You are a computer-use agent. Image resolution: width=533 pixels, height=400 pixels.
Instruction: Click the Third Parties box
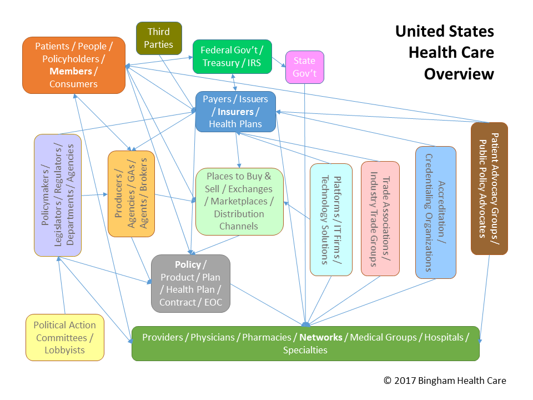point(159,38)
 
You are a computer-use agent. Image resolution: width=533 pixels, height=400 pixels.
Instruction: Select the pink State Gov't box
point(304,67)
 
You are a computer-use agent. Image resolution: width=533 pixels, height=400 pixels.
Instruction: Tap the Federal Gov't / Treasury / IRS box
point(232,56)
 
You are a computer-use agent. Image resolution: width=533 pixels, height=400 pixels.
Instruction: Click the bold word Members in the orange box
point(71,71)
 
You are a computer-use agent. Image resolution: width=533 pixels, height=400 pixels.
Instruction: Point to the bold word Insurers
point(235,112)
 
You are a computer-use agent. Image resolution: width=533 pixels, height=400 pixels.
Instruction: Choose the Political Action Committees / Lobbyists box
point(65,337)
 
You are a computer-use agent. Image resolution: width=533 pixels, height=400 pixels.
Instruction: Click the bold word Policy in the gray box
point(187,264)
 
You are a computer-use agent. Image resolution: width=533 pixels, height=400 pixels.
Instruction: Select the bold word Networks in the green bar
point(321,337)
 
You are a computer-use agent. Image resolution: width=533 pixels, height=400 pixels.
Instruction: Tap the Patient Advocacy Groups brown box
point(489,188)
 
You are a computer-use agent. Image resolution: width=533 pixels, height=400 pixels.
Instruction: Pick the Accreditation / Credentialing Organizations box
point(436,212)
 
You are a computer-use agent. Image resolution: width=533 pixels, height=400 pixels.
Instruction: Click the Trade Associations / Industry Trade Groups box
point(380,218)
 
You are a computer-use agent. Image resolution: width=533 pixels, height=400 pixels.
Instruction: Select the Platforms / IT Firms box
point(331,219)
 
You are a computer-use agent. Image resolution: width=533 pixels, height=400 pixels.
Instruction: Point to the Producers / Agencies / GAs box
point(131,193)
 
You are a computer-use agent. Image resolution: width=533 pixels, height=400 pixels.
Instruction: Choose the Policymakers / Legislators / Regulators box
point(58,195)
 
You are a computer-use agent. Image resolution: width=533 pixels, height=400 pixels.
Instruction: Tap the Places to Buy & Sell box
point(239,201)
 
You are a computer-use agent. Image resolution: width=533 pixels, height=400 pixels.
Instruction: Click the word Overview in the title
point(459,74)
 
